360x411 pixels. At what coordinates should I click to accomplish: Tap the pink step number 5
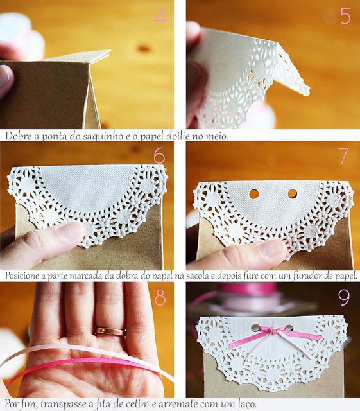pos(345,17)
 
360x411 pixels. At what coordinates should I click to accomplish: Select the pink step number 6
pos(159,156)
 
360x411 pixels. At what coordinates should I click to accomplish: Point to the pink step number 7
pos(343,156)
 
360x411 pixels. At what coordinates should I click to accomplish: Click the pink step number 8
pos(160,297)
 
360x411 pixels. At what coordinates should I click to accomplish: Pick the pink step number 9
pos(344,298)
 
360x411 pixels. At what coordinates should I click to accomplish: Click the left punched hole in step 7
pos(254,194)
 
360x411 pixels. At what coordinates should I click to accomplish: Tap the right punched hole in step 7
pos(292,194)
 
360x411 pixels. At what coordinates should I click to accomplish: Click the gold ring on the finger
pos(110,331)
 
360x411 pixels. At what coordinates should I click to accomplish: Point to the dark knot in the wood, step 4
pos(144,48)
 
